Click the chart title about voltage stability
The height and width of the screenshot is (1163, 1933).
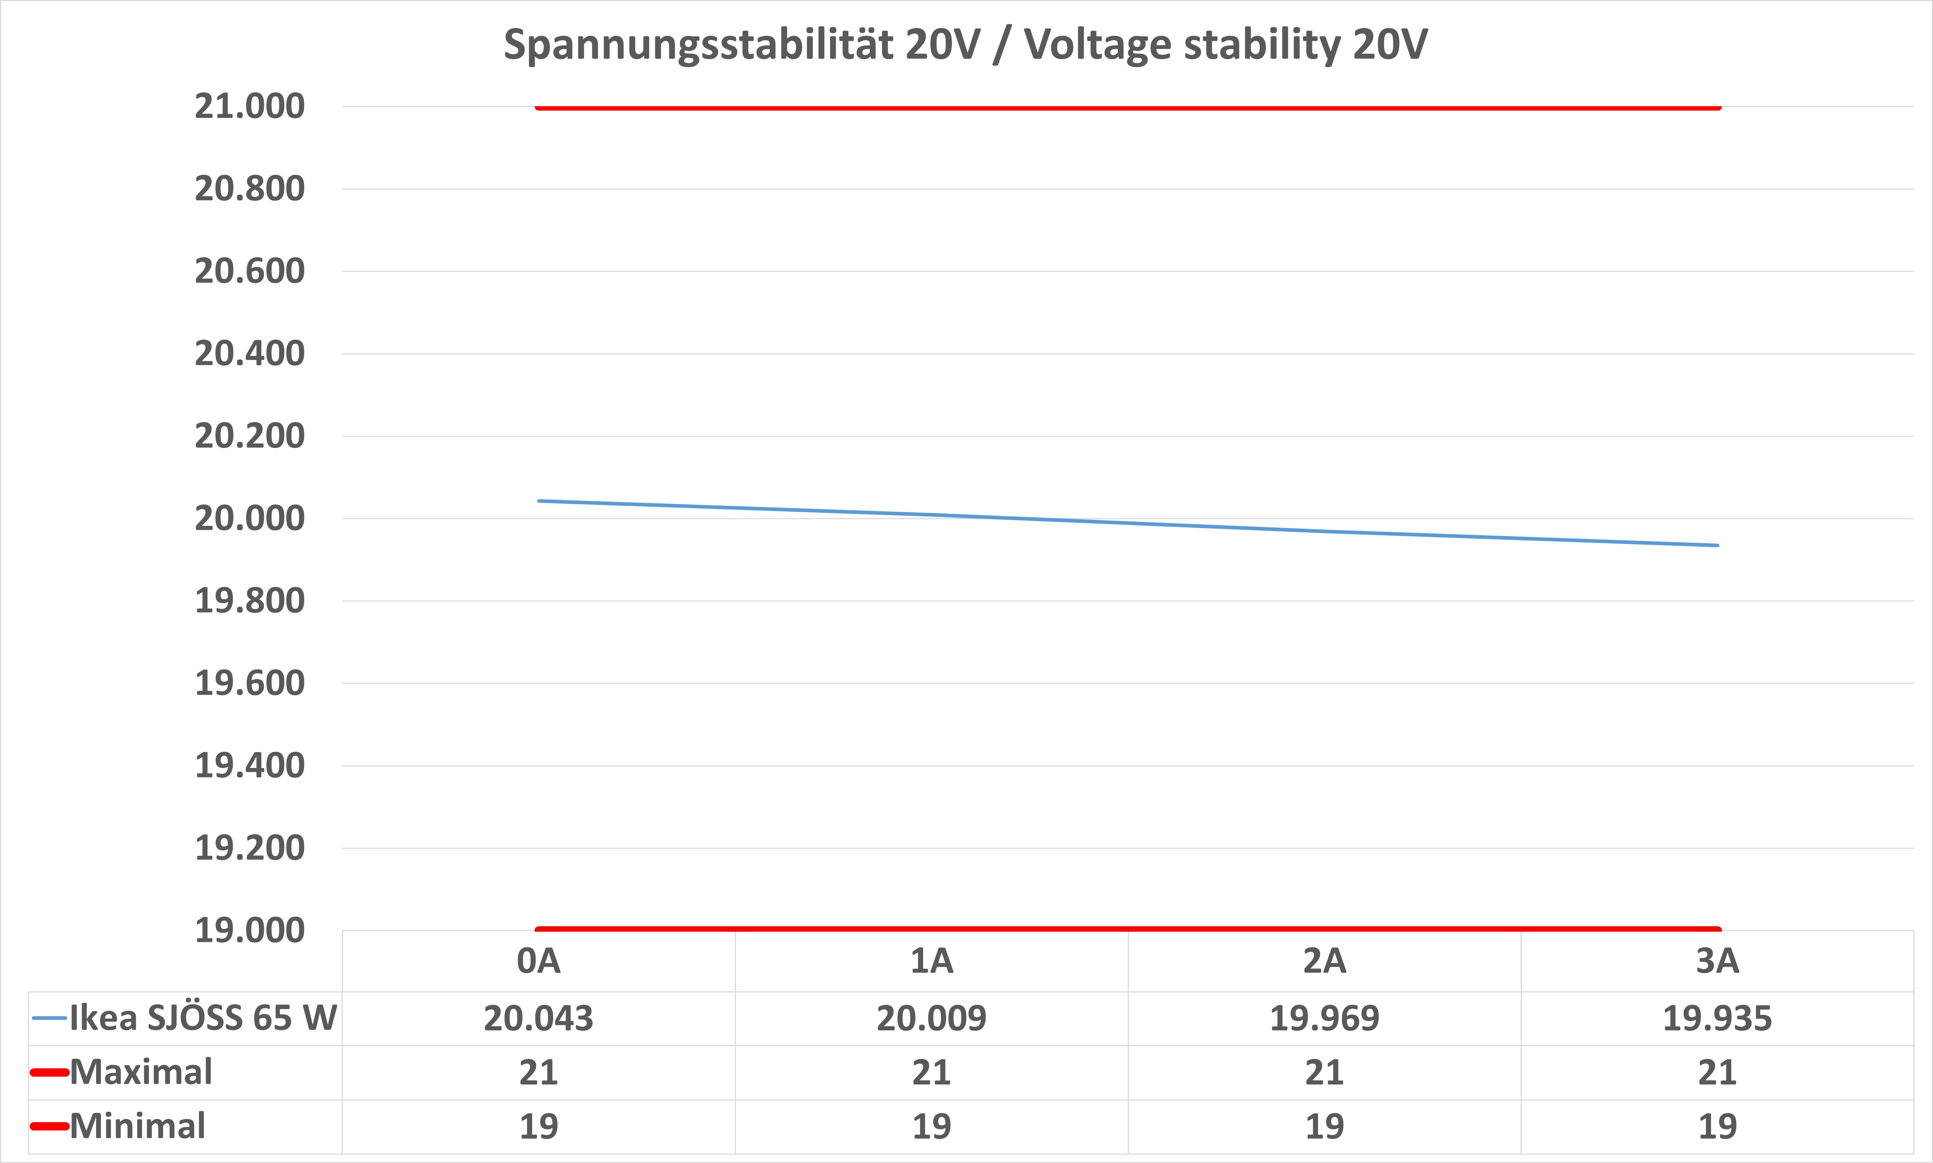click(965, 45)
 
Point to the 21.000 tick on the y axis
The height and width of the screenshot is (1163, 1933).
click(249, 107)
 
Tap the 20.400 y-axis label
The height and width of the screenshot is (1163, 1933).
click(249, 353)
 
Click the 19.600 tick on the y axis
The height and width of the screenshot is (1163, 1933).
click(249, 683)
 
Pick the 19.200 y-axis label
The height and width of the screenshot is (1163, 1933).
click(249, 848)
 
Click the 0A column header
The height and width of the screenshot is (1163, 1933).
click(538, 961)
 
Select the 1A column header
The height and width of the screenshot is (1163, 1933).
click(932, 961)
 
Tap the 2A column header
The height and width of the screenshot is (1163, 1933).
click(1324, 961)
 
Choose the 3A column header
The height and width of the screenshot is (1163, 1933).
click(1718, 961)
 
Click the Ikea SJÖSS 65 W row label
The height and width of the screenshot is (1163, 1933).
click(203, 1018)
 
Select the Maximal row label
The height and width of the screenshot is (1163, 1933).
click(141, 1072)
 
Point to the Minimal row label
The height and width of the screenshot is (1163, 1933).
click(138, 1126)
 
